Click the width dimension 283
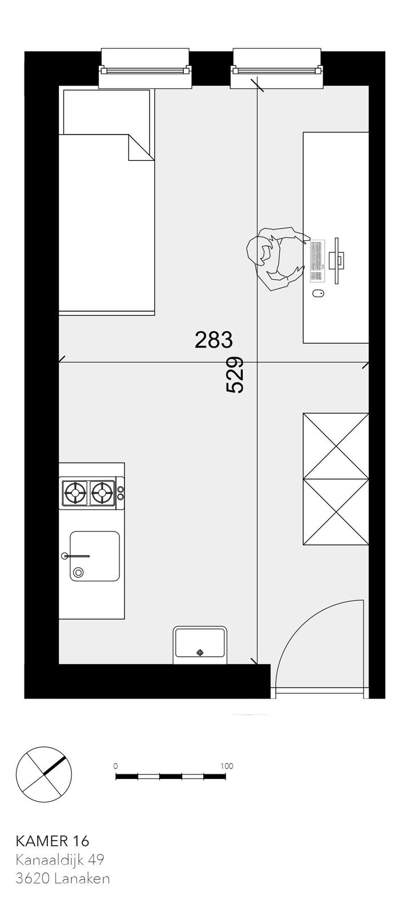[x=213, y=340]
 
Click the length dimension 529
[x=235, y=374]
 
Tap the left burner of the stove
[x=75, y=493]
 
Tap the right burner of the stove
[x=102, y=493]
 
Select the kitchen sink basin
[x=95, y=556]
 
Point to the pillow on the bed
[x=106, y=112]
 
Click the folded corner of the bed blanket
[x=141, y=148]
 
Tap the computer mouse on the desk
[x=318, y=293]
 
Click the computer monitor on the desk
[x=337, y=261]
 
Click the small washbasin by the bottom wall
[x=199, y=644]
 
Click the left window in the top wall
[x=145, y=68]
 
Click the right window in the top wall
[x=278, y=68]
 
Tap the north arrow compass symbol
[x=43, y=773]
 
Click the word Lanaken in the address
[x=82, y=878]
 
